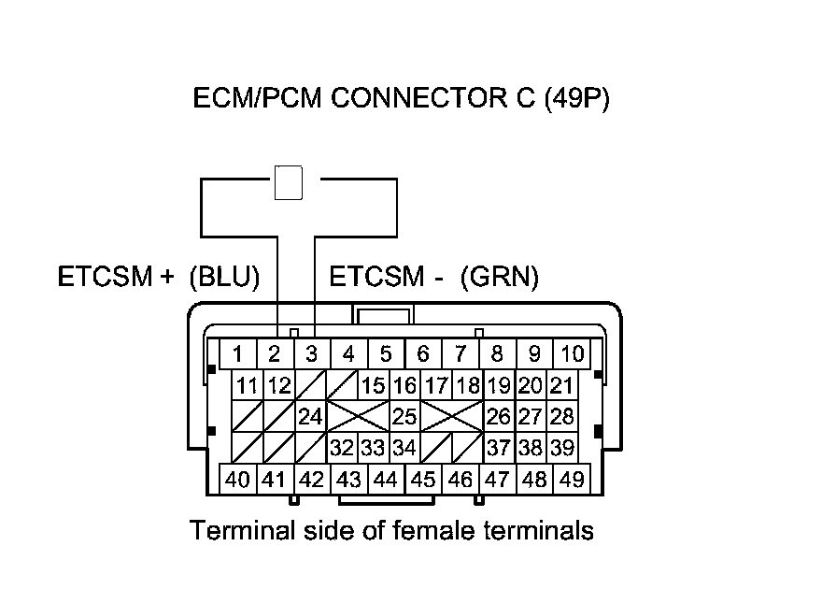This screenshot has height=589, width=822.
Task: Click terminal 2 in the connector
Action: (275, 354)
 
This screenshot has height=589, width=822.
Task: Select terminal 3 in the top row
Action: (312, 354)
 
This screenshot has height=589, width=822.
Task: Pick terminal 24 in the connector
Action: (309, 417)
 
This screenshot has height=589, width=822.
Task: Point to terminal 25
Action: (404, 417)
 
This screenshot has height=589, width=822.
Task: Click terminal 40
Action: (238, 480)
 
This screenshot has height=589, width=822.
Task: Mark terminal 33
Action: (373, 448)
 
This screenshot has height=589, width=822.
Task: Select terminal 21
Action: (561, 385)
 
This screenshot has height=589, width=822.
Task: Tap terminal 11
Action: (248, 385)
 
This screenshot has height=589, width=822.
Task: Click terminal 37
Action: (499, 448)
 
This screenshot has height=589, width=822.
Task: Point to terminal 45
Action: (423, 480)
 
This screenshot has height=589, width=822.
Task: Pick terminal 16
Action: (404, 385)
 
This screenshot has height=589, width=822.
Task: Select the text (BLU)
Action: (223, 278)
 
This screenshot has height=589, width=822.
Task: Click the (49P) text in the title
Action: (576, 99)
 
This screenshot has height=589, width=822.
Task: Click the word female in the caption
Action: (422, 531)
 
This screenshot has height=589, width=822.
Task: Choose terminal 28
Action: (561, 417)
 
